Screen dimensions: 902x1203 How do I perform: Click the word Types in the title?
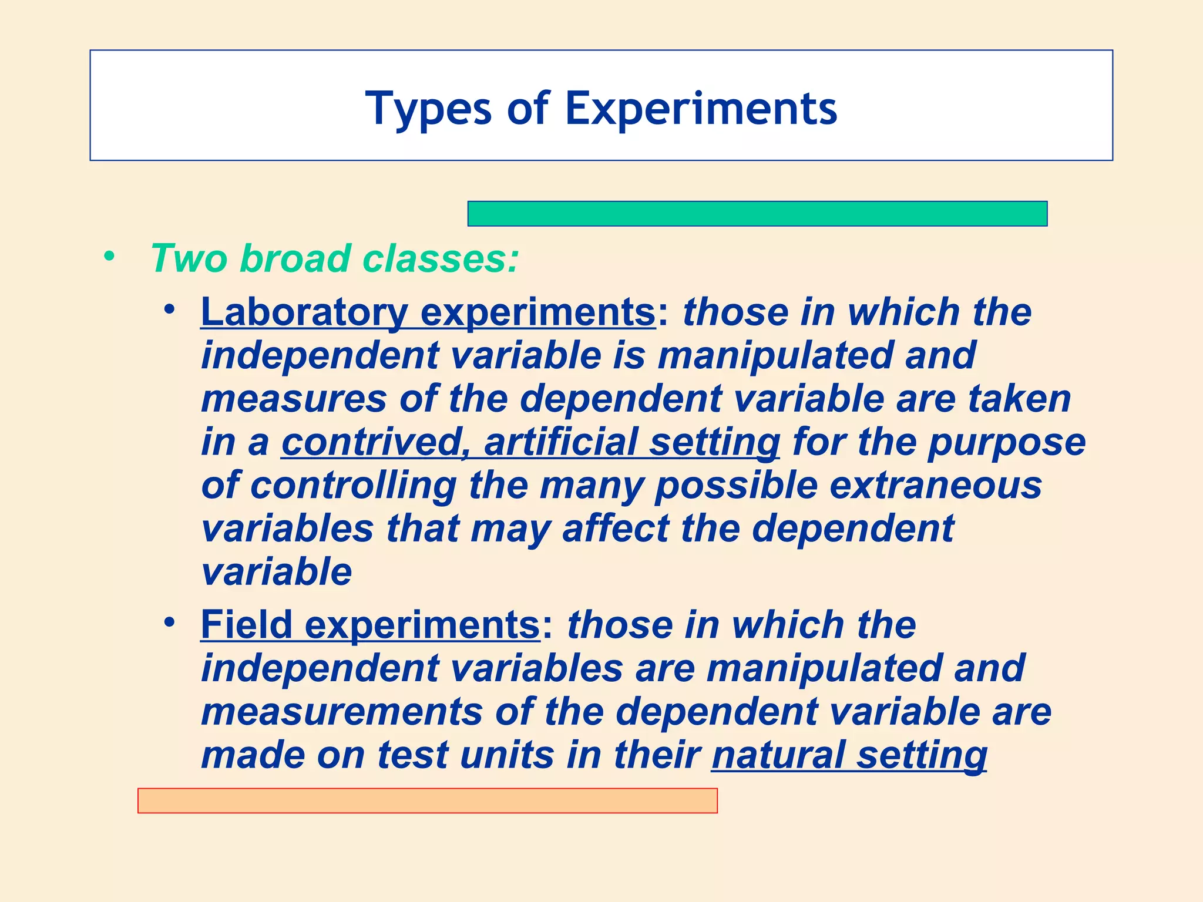(428, 109)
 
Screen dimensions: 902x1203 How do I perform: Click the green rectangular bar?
(757, 214)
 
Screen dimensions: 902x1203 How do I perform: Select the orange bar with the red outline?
(427, 800)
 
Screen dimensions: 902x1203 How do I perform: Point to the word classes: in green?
(441, 258)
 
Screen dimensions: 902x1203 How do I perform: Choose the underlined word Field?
(246, 624)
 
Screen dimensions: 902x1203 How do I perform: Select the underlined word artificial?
(560, 442)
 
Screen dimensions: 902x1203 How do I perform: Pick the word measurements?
(341, 711)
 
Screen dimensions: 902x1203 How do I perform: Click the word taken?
(1020, 399)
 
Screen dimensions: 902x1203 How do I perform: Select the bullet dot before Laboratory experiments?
(170, 309)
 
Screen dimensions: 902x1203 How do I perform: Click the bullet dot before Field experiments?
(170, 622)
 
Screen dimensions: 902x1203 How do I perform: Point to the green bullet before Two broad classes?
(109, 256)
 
